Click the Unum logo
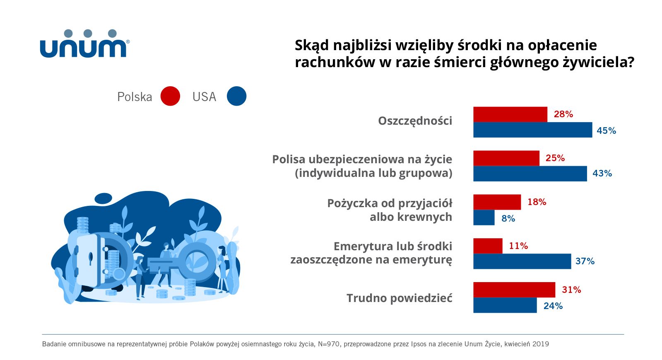pyautogui.click(x=84, y=44)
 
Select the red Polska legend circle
pyautogui.click(x=170, y=96)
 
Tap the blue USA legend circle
pyautogui.click(x=236, y=96)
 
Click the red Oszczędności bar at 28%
pyautogui.click(x=510, y=114)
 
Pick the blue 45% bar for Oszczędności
pyautogui.click(x=532, y=130)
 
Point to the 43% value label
pyautogui.click(x=602, y=174)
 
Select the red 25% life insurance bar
pyautogui.click(x=506, y=158)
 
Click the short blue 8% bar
pyautogui.click(x=484, y=217)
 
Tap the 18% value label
pyautogui.click(x=537, y=202)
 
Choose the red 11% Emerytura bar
pyautogui.click(x=488, y=246)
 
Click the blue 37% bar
pyautogui.click(x=522, y=261)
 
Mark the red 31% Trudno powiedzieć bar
pyautogui.click(x=514, y=290)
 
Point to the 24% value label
pyautogui.click(x=553, y=306)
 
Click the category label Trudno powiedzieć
pyautogui.click(x=399, y=298)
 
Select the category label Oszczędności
pyautogui.click(x=415, y=121)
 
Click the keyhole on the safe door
pyautogui.click(x=91, y=259)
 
